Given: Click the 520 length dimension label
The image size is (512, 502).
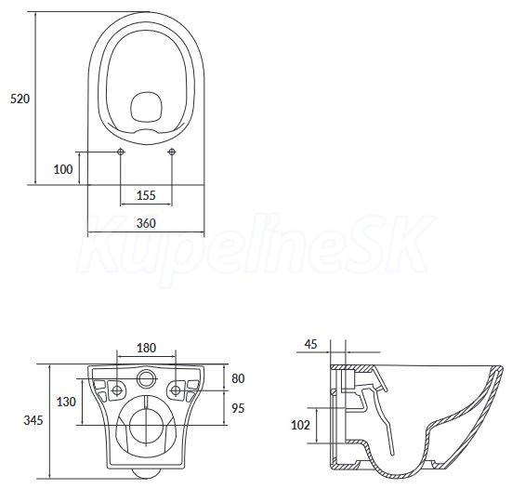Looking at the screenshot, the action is (x=20, y=99).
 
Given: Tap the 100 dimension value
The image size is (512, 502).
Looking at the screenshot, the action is (x=63, y=169).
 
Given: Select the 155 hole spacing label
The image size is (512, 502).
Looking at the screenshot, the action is (x=146, y=195).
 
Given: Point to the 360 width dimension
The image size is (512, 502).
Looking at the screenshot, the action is (x=146, y=223).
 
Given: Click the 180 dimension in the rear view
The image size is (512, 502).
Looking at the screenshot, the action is (x=146, y=348).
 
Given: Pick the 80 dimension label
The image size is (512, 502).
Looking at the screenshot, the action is (x=238, y=378).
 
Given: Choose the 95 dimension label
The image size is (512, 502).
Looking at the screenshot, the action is (x=238, y=408).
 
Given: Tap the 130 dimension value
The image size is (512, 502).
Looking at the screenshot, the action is (x=66, y=402).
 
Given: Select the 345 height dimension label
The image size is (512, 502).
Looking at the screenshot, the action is (x=33, y=420).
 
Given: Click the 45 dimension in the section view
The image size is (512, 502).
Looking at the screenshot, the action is (x=311, y=344).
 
